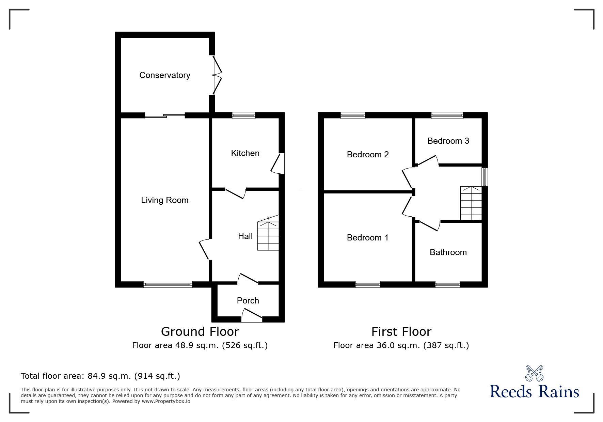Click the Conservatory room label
[x=165, y=75]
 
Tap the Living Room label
[x=165, y=200]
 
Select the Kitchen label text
[x=245, y=153]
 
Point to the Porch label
[x=248, y=301]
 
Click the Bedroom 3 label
[x=448, y=141]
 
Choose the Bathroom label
[x=448, y=252]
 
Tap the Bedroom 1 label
[x=367, y=238]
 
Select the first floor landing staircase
[x=471, y=203]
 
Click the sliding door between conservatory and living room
[x=165, y=115]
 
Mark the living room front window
[x=168, y=284]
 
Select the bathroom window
[x=447, y=284]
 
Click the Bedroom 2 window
[x=353, y=115]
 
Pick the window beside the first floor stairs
[x=485, y=177]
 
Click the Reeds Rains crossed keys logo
[x=534, y=373]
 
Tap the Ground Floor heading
[x=200, y=331]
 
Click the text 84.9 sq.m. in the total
[x=110, y=376]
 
